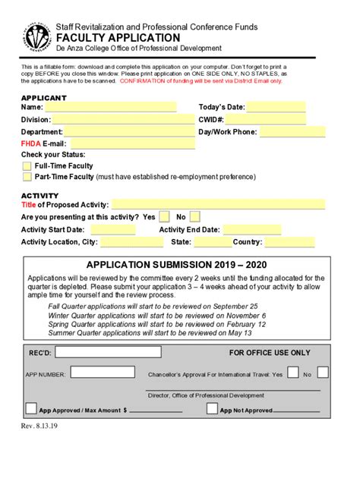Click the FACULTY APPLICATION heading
[x=128, y=37]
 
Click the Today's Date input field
[x=276, y=107]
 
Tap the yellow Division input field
[x=124, y=119]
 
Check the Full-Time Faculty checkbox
[x=27, y=165]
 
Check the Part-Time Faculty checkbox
[x=27, y=177]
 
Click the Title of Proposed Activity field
[x=219, y=204]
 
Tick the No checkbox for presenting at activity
[x=195, y=217]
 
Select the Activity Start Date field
[x=113, y=229]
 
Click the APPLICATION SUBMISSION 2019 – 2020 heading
[x=177, y=265]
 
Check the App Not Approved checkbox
[x=212, y=409]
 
